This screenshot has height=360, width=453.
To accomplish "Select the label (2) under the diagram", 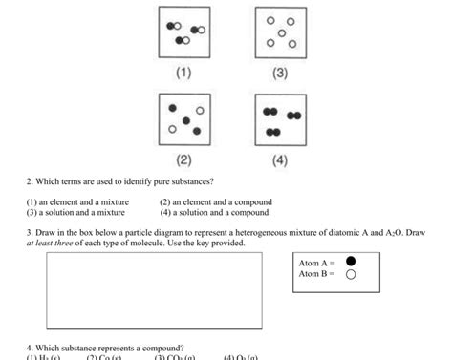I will (183, 159).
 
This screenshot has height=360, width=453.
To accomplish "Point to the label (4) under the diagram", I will (279, 159).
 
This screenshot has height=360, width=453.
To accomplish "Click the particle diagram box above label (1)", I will (183, 32).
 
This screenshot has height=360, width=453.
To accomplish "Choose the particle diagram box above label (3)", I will (280, 32).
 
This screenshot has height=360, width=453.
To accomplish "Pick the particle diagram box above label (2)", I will (183, 119).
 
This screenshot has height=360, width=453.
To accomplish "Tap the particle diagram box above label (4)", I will (280, 119).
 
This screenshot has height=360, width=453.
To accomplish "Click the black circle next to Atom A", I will (350, 261).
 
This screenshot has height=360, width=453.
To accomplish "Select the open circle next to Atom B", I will (350, 274).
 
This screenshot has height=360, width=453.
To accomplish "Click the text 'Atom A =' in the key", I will (316, 262).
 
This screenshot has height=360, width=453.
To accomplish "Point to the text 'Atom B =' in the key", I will (316, 274).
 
